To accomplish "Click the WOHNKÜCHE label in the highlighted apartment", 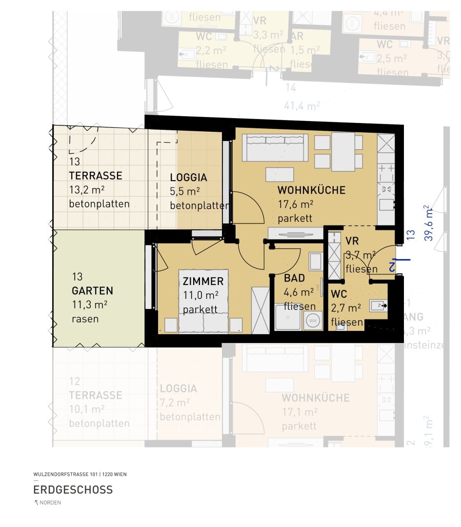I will (x=311, y=190).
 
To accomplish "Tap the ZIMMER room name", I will (x=203, y=282).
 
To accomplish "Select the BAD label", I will (x=294, y=278).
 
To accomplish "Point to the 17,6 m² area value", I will (x=295, y=204).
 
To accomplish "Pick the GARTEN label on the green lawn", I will (x=92, y=291).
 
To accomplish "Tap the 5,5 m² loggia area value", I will (x=185, y=192).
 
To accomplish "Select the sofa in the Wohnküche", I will (x=275, y=148).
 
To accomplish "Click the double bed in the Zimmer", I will (x=203, y=301).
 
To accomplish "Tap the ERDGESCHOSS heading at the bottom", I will (x=73, y=489).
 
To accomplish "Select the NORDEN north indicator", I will (x=47, y=503).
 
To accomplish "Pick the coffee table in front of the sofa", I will (x=280, y=175).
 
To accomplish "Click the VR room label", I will (x=352, y=241).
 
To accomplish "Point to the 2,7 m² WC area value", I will (x=346, y=308).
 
